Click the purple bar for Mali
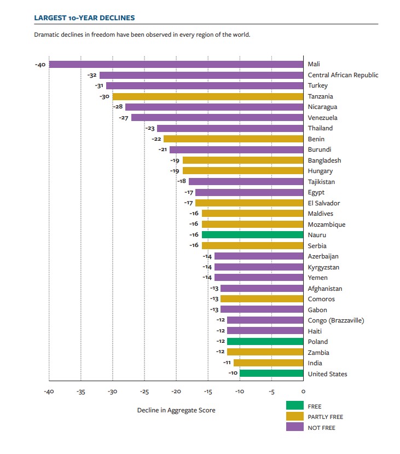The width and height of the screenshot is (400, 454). (176, 65)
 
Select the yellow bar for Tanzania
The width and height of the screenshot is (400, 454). (207, 96)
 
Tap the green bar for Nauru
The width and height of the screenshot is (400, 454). (252, 235)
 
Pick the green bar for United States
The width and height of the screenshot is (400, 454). (271, 374)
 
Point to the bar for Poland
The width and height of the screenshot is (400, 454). (265, 342)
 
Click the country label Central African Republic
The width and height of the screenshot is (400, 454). (343, 75)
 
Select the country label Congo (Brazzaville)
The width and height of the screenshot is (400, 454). (336, 320)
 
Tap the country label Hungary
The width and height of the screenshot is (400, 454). (320, 171)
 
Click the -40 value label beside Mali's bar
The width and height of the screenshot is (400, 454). (40, 65)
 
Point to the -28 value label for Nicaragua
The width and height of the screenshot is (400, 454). (118, 107)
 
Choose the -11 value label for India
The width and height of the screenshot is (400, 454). (227, 363)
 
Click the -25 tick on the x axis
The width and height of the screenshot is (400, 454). (144, 392)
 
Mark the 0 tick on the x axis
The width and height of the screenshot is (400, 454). (303, 392)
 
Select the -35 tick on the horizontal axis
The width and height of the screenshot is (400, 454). (80, 392)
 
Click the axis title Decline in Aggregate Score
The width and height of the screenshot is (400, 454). (176, 410)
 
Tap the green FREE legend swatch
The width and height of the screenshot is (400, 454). (294, 406)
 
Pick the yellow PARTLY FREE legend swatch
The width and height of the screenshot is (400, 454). (294, 417)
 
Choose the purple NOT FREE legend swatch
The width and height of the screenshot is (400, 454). (294, 427)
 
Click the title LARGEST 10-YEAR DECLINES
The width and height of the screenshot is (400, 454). (84, 18)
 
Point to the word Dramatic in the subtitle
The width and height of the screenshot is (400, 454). (45, 35)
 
